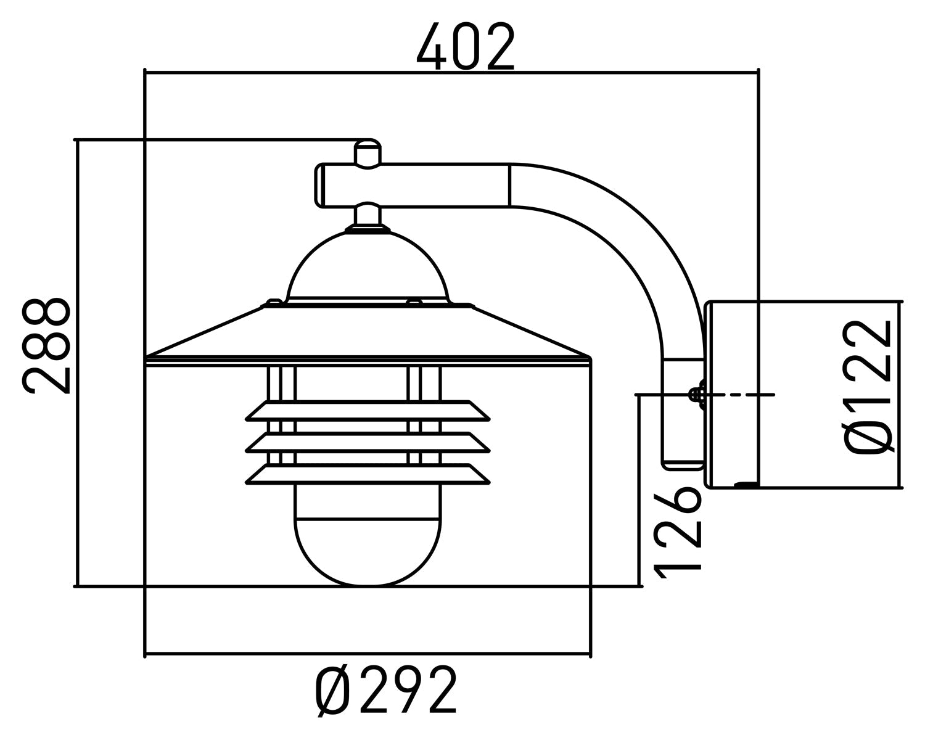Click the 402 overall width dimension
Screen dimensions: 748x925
point(466,47)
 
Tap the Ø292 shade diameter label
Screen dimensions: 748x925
point(387,690)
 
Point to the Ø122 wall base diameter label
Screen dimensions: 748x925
point(869,387)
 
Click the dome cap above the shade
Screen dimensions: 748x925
point(368,268)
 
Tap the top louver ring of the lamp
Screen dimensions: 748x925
point(368,411)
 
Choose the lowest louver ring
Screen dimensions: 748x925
point(368,474)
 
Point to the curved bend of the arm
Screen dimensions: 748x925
point(641,247)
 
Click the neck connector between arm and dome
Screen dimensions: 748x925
point(368,216)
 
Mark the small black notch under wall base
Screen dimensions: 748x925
point(747,485)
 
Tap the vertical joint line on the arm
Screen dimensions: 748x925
point(509,185)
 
